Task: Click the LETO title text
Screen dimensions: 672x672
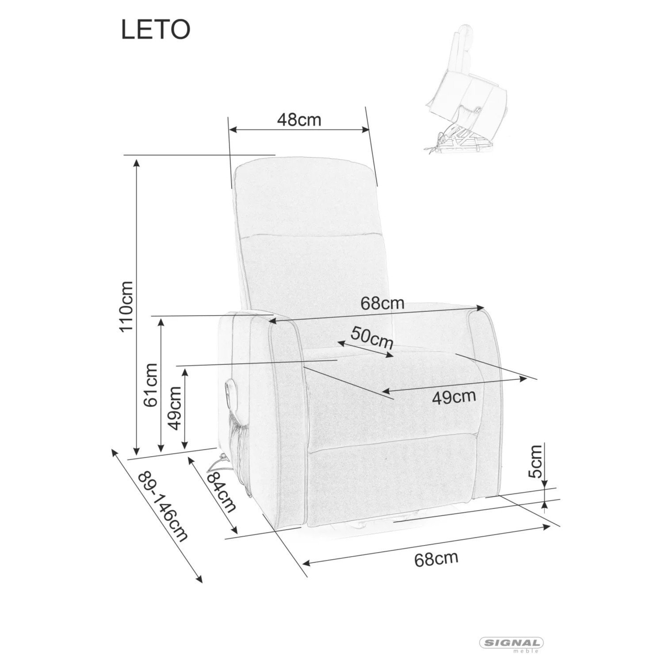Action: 156,30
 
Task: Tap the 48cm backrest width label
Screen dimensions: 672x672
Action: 299,119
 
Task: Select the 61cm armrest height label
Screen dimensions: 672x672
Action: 151,385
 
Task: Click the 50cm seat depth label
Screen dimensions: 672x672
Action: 372,338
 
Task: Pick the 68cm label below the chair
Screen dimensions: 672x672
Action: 436,559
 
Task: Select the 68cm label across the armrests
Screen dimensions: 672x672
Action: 382,303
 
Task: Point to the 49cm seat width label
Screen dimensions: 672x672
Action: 454,397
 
